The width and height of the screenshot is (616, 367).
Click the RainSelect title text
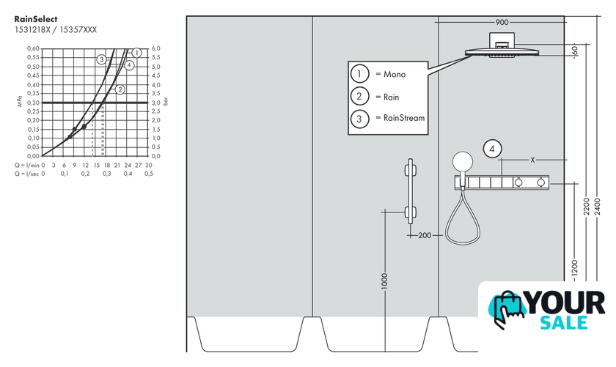[36, 19]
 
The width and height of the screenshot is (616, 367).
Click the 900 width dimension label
[502, 23]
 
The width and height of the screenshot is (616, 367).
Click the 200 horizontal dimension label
[425, 235]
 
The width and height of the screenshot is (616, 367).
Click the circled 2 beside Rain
[359, 96]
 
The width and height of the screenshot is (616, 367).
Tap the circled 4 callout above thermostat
[493, 149]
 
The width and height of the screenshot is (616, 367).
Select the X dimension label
[532, 159]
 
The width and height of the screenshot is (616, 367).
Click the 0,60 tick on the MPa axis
[33, 48]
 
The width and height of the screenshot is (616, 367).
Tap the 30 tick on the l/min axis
[149, 166]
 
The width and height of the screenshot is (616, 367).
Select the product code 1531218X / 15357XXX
[55, 30]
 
